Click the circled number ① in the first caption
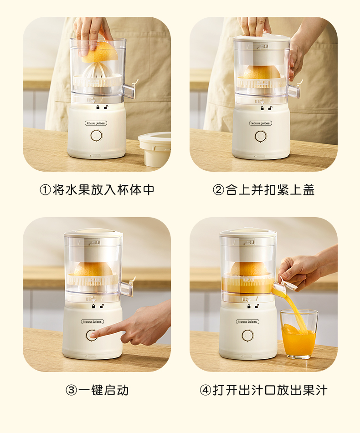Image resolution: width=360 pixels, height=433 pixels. point(45,190)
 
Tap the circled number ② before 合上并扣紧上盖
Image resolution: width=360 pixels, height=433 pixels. point(218,190)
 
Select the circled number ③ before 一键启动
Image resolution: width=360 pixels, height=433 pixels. point(71,391)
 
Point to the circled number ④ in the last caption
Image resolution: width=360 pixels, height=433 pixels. point(205,391)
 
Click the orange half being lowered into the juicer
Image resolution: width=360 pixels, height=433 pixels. point(100,52)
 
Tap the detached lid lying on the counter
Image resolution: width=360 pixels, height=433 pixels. point(154,149)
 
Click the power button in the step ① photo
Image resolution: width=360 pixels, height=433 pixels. point(96,136)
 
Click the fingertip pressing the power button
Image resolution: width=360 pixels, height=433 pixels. point(93,335)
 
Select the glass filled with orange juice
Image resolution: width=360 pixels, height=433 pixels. point(298,334)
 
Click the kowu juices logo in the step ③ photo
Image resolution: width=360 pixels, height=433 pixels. point(93,322)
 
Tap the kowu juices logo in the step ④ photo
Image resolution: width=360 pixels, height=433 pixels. point(247,322)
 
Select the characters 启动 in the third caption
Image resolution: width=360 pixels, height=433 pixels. point(116,391)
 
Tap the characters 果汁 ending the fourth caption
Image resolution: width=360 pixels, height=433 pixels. point(315,391)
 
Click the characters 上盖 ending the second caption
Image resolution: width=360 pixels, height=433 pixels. point(302,190)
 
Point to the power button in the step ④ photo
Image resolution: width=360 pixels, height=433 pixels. point(247,335)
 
